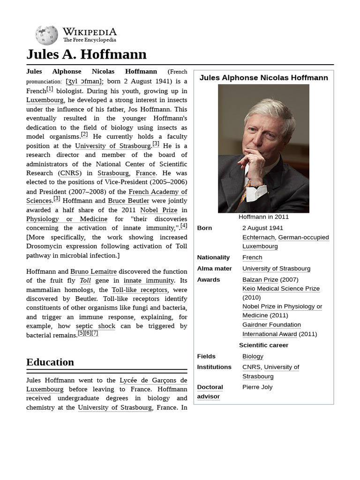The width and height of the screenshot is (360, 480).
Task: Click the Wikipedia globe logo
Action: tap(46, 35)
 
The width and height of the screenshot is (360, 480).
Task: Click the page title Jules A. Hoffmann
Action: tap(86, 54)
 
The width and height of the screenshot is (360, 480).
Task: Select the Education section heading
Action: tap(50, 362)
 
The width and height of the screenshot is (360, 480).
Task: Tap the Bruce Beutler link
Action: tap(128, 201)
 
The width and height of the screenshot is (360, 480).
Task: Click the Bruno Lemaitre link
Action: tap(93, 271)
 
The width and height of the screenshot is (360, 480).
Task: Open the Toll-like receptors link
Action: tap(139, 290)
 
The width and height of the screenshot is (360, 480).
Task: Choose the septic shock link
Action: tap(95, 326)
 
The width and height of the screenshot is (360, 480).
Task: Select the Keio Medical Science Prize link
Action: tap(281, 288)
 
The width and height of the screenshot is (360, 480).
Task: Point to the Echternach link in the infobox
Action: tap(258, 237)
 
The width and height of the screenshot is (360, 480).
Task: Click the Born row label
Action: tap(204, 228)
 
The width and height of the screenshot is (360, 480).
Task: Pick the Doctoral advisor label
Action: tap(210, 391)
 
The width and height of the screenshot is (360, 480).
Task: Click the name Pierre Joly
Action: tap(257, 387)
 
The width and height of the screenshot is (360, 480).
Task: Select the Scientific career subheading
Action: tap(263, 345)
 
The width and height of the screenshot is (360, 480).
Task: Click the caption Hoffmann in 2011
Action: tap(263, 217)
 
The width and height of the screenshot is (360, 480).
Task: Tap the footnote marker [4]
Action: tap(184, 225)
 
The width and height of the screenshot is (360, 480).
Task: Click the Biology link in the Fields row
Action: tap(253, 356)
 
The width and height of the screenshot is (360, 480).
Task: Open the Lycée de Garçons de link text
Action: tap(153, 380)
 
